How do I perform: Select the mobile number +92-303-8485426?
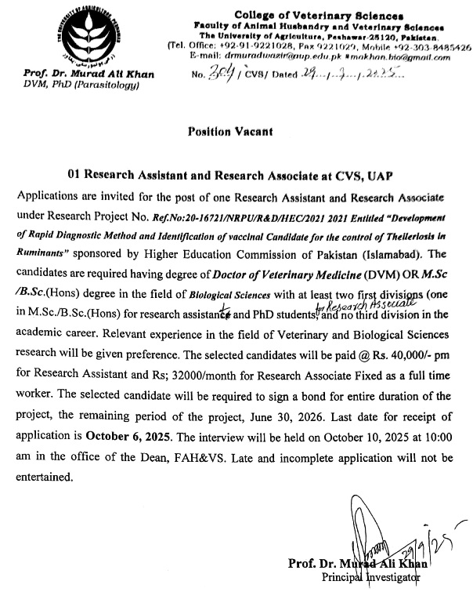coord(435,47)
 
